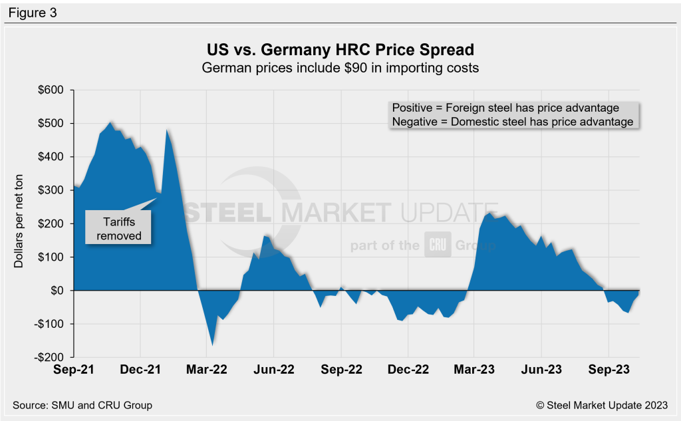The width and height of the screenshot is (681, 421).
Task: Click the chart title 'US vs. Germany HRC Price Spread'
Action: click(x=340, y=51)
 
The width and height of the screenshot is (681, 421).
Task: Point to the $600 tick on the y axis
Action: click(x=51, y=90)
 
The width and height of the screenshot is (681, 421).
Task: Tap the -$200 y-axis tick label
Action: click(x=49, y=357)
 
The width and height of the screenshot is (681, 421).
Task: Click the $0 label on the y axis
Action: click(x=56, y=291)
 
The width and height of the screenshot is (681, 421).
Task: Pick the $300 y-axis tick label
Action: click(x=51, y=190)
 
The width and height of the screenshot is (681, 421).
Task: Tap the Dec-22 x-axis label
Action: click(x=407, y=372)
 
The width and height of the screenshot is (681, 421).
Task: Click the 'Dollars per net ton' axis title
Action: click(x=19, y=223)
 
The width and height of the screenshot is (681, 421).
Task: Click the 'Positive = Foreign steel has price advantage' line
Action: click(x=505, y=108)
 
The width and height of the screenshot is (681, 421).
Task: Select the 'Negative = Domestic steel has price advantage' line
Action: click(x=512, y=122)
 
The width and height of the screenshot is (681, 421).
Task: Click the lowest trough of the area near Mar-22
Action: click(x=212, y=345)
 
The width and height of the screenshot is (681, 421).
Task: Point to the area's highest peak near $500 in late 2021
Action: click(x=110, y=123)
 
